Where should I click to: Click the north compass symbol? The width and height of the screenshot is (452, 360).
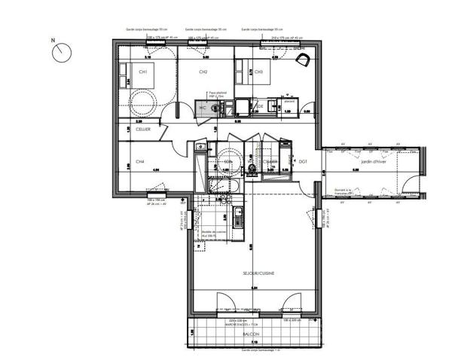point(60,51)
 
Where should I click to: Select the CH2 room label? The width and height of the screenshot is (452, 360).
point(203,72)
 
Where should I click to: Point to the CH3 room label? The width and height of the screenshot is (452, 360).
point(258,72)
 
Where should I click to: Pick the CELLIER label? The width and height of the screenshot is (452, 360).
point(143,130)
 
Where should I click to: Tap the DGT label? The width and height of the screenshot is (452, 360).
point(303,162)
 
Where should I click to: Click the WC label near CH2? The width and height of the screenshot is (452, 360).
point(202,108)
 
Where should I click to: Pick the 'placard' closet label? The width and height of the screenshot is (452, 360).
point(288,99)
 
